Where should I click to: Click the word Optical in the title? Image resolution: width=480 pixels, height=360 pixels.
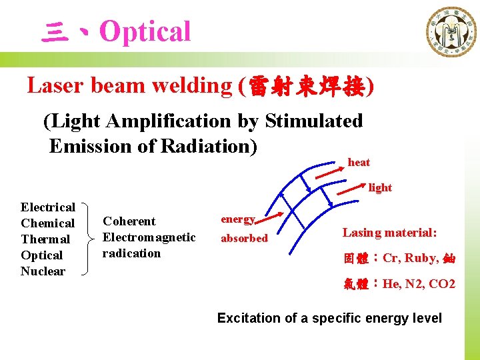point(145,31)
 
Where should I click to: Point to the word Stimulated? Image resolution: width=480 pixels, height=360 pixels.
point(313,121)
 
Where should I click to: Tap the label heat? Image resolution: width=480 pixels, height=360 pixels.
point(359,162)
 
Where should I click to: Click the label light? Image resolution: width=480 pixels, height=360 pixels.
point(380,188)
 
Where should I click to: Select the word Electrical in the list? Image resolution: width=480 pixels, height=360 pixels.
point(48,207)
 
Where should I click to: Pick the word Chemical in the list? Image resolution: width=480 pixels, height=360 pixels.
point(47,223)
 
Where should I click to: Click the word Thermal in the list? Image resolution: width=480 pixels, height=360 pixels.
point(45,239)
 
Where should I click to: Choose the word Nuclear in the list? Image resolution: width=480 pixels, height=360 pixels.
point(43,271)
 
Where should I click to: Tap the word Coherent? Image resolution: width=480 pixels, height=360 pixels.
point(129,221)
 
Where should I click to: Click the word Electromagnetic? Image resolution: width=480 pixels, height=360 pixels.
point(149,237)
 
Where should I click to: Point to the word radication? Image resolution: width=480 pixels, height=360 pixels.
point(131,253)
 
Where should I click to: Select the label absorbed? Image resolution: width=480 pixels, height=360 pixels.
point(244,238)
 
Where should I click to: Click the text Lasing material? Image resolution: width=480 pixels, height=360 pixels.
point(389,233)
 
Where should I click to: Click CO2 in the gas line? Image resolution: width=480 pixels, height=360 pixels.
point(442,284)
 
